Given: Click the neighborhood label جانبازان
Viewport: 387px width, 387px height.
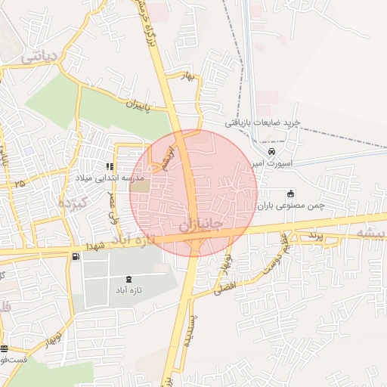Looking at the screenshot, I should coord(202,225).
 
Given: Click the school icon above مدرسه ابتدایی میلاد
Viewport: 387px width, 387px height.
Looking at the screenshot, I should coord(110,166).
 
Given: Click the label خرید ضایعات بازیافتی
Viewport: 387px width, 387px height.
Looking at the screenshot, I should coord(263,122).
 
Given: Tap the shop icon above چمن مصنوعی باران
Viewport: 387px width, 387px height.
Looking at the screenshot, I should coord(291,192).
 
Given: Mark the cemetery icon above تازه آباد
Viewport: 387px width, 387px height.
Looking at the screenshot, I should coord(128,279).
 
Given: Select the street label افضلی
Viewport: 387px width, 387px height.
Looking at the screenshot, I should coord(225,286).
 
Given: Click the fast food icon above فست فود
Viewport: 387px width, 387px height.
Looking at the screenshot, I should coord(5,348).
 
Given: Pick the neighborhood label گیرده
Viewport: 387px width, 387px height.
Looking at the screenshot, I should coord(73,200).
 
